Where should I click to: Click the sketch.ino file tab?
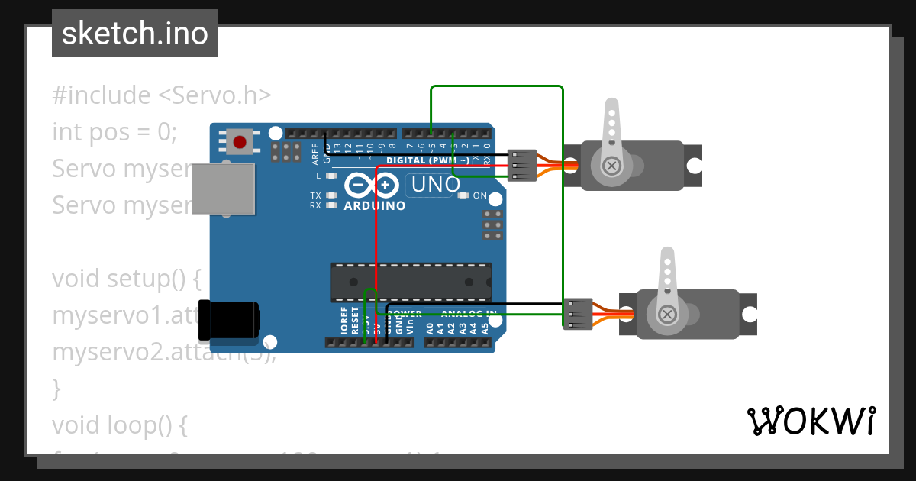point(135,34)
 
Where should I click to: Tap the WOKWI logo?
point(811,421)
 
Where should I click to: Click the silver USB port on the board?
point(223,188)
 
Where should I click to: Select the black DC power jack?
point(227,320)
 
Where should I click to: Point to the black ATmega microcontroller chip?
point(411,282)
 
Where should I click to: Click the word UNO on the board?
point(436,185)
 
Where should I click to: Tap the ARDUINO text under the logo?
point(374,206)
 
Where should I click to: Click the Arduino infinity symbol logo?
point(371,186)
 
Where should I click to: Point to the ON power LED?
point(463,196)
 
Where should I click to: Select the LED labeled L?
point(331,176)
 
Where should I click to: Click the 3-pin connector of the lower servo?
point(577,314)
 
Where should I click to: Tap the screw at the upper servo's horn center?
point(611,165)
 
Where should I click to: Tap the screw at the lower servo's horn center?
point(667,314)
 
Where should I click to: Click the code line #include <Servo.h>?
point(162,95)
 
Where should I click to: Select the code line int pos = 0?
point(114,132)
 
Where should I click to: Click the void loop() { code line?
point(120,425)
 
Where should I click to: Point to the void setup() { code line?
point(127,279)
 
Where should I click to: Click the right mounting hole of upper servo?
point(693,166)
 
